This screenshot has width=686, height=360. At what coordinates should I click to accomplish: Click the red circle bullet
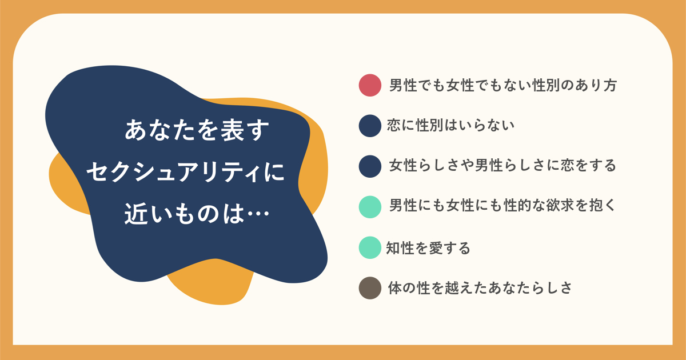[x=370, y=85]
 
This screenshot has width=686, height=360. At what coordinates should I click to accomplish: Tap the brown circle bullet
[x=370, y=288]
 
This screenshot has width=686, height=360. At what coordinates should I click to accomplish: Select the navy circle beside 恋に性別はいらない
[x=370, y=126]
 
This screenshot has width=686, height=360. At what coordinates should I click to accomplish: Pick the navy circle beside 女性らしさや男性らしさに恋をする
[x=370, y=166]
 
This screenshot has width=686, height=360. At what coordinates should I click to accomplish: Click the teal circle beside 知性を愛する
[x=370, y=247]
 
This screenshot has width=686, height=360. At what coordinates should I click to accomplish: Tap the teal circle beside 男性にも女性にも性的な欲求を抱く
[x=370, y=207]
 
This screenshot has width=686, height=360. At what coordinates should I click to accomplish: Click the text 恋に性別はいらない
[x=450, y=126]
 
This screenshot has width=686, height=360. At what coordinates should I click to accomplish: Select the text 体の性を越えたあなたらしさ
[x=480, y=288]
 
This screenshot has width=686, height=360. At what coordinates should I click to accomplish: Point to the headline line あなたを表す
[x=197, y=130]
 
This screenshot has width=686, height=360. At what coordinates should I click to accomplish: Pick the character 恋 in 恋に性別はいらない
[x=393, y=126]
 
